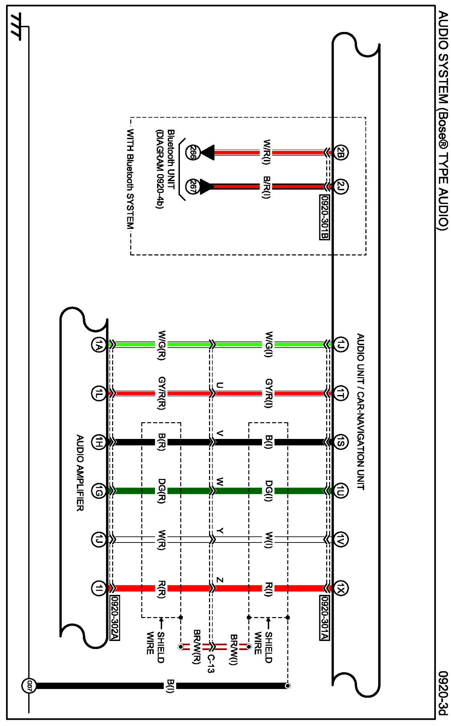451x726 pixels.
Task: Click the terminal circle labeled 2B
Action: (x=340, y=153)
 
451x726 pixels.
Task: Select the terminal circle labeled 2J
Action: (x=340, y=186)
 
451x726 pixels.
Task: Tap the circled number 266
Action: (x=192, y=153)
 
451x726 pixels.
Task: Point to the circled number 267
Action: (x=192, y=186)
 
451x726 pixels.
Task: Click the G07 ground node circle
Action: (x=29, y=686)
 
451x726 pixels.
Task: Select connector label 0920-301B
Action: (x=324, y=217)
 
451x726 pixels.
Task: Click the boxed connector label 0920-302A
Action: (x=115, y=618)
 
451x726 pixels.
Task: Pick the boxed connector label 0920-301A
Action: (x=324, y=618)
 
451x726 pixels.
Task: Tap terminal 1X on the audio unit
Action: (x=340, y=588)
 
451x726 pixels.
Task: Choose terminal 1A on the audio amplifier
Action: (x=98, y=345)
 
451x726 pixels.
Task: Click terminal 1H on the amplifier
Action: (x=98, y=442)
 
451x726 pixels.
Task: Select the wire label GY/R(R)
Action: (x=162, y=393)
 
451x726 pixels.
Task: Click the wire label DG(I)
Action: (x=268, y=491)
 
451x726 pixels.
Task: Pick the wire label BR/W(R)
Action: (x=197, y=647)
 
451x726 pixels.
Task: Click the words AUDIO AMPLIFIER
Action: (x=80, y=473)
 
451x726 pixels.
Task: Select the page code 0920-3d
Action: (x=443, y=693)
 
